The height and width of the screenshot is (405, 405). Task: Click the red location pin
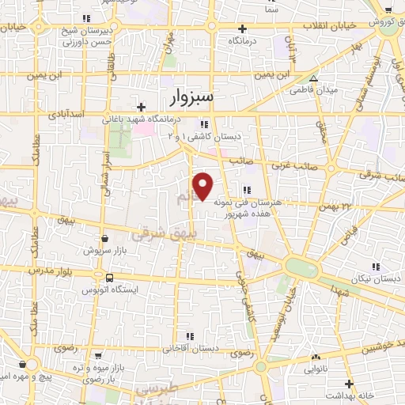[204, 186]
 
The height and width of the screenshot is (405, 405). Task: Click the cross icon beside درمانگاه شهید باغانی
[141, 107]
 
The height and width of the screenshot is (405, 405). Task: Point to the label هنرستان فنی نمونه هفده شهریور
[248, 208]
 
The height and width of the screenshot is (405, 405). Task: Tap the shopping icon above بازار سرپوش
[105, 238]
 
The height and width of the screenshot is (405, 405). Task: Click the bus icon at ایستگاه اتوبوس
[108, 278]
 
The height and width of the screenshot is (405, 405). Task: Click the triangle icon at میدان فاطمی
[314, 78]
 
